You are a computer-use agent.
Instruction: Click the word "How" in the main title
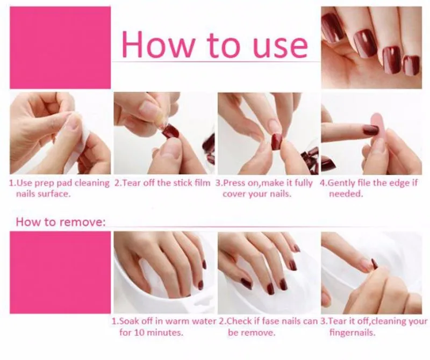click(158, 45)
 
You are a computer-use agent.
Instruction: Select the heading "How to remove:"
click(61, 222)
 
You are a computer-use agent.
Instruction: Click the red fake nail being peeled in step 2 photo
click(170, 131)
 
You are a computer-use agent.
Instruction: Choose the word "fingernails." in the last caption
click(353, 333)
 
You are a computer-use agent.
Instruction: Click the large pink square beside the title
click(60, 48)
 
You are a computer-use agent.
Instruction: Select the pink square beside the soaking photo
click(60, 272)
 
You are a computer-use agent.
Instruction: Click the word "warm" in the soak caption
click(175, 321)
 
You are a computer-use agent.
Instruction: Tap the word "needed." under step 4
click(346, 194)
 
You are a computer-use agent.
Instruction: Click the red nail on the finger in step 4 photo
click(371, 129)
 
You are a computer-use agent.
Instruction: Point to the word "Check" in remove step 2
click(239, 321)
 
